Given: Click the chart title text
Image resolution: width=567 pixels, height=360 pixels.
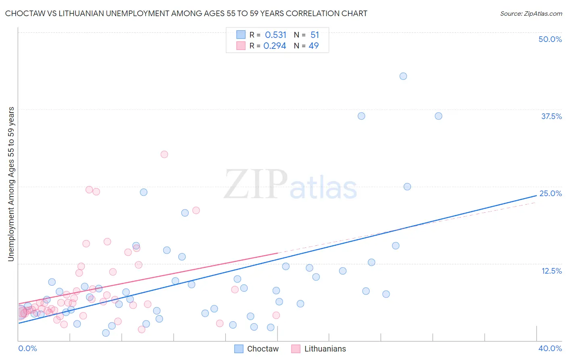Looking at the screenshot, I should coord(186,13).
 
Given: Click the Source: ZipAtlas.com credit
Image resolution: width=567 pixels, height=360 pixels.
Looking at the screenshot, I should coord(531,13).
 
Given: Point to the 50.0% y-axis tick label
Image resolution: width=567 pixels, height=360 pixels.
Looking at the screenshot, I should coord(550,39).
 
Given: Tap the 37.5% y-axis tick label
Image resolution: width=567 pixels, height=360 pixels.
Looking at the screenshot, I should coord(551,116).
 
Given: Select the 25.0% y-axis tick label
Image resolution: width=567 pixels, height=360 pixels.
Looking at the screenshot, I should coord(550,193).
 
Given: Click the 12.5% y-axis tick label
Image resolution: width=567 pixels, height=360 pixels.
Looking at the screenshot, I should coord(551,271).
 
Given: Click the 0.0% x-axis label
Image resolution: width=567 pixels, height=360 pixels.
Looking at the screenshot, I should coord(27,348).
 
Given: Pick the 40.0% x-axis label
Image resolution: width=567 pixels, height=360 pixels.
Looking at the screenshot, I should coord(550,348).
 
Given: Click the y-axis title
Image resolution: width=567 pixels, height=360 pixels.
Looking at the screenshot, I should coord(11,184).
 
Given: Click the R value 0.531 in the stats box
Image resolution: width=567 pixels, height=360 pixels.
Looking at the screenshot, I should coord(275,35).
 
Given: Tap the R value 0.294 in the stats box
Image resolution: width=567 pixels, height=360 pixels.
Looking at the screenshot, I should coord(275,46).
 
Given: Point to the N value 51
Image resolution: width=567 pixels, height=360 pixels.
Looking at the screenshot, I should coord(315,35).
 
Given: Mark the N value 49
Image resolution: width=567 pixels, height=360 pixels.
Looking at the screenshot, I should coord(314,46).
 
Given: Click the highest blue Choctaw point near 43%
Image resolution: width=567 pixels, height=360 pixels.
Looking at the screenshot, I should coord(403,76).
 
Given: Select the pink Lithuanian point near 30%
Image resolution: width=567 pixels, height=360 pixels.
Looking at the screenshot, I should coord(164,154).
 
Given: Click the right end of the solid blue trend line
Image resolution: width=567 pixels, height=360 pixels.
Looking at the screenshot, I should coord(536,195).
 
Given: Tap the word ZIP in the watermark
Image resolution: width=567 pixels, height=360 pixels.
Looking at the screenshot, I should coord(256,184).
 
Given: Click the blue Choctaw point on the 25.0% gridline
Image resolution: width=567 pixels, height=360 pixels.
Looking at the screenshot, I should coord(407,187).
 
